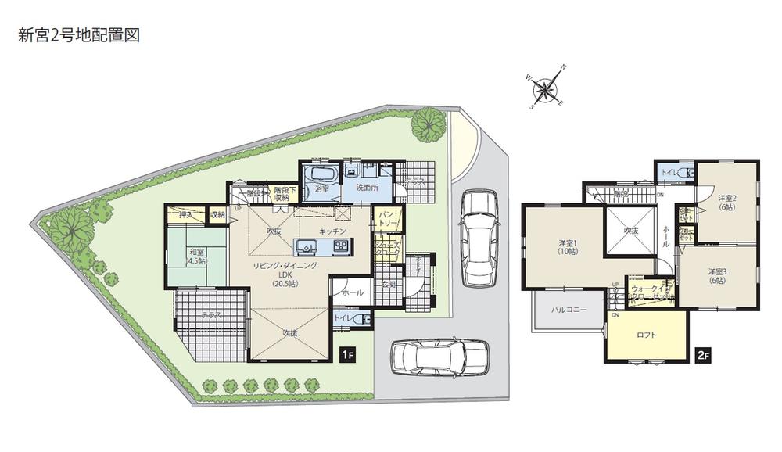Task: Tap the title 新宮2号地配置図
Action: [78, 36]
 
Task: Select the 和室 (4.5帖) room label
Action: [196, 256]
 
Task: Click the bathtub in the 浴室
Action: [319, 174]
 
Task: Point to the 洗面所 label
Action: [367, 188]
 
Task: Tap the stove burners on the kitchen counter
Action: [341, 246]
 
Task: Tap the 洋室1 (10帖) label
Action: [568, 246]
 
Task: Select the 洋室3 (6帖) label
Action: [717, 276]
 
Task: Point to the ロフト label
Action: [646, 336]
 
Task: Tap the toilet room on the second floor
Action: [674, 172]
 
